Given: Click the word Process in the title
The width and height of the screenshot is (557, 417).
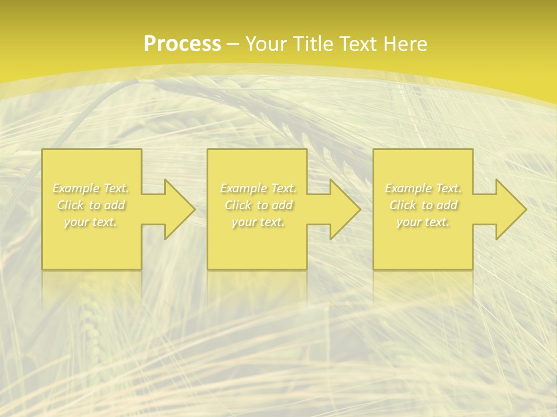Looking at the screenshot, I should [182, 43].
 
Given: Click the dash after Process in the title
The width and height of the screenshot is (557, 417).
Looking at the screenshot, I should [233, 44].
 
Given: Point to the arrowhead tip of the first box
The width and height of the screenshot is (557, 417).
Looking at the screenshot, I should [194, 209].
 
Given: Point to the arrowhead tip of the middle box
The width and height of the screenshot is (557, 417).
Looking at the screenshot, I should [360, 209].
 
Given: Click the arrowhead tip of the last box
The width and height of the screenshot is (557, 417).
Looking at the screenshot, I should [526, 209].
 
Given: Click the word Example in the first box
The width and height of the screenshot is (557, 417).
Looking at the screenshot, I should [75, 188].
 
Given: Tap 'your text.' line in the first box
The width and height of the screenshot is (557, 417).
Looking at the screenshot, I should [91, 222].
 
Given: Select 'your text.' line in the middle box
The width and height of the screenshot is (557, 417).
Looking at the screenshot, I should [258, 222].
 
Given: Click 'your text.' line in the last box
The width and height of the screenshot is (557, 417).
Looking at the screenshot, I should [423, 222].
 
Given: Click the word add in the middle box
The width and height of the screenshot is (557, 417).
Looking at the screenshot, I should [282, 205].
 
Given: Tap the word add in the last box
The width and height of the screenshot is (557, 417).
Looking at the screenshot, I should [447, 205].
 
